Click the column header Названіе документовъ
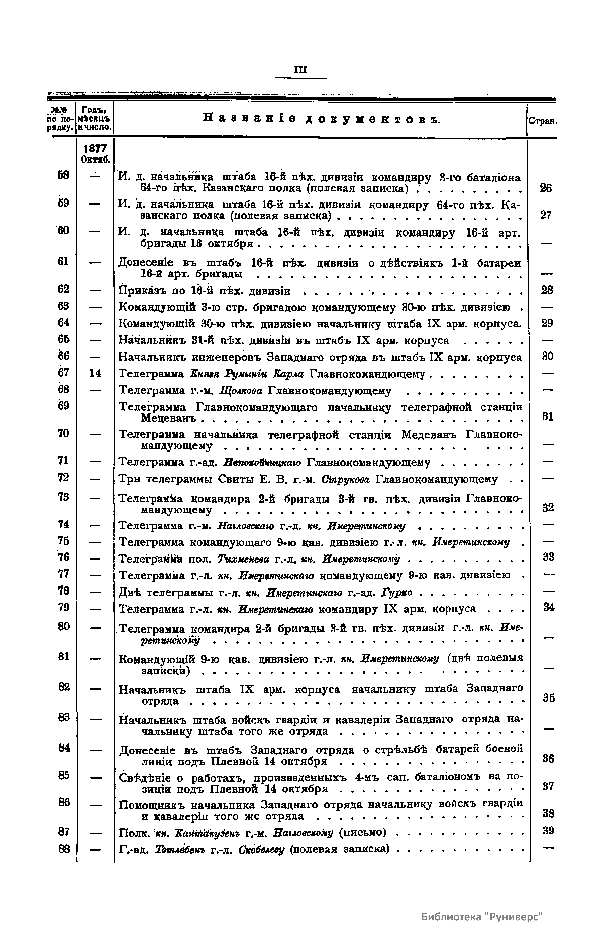pos(322,119)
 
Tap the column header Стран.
pos(542,121)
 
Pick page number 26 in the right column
pos(546,188)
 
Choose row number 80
pos(64,626)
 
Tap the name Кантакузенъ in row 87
pos(210,833)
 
